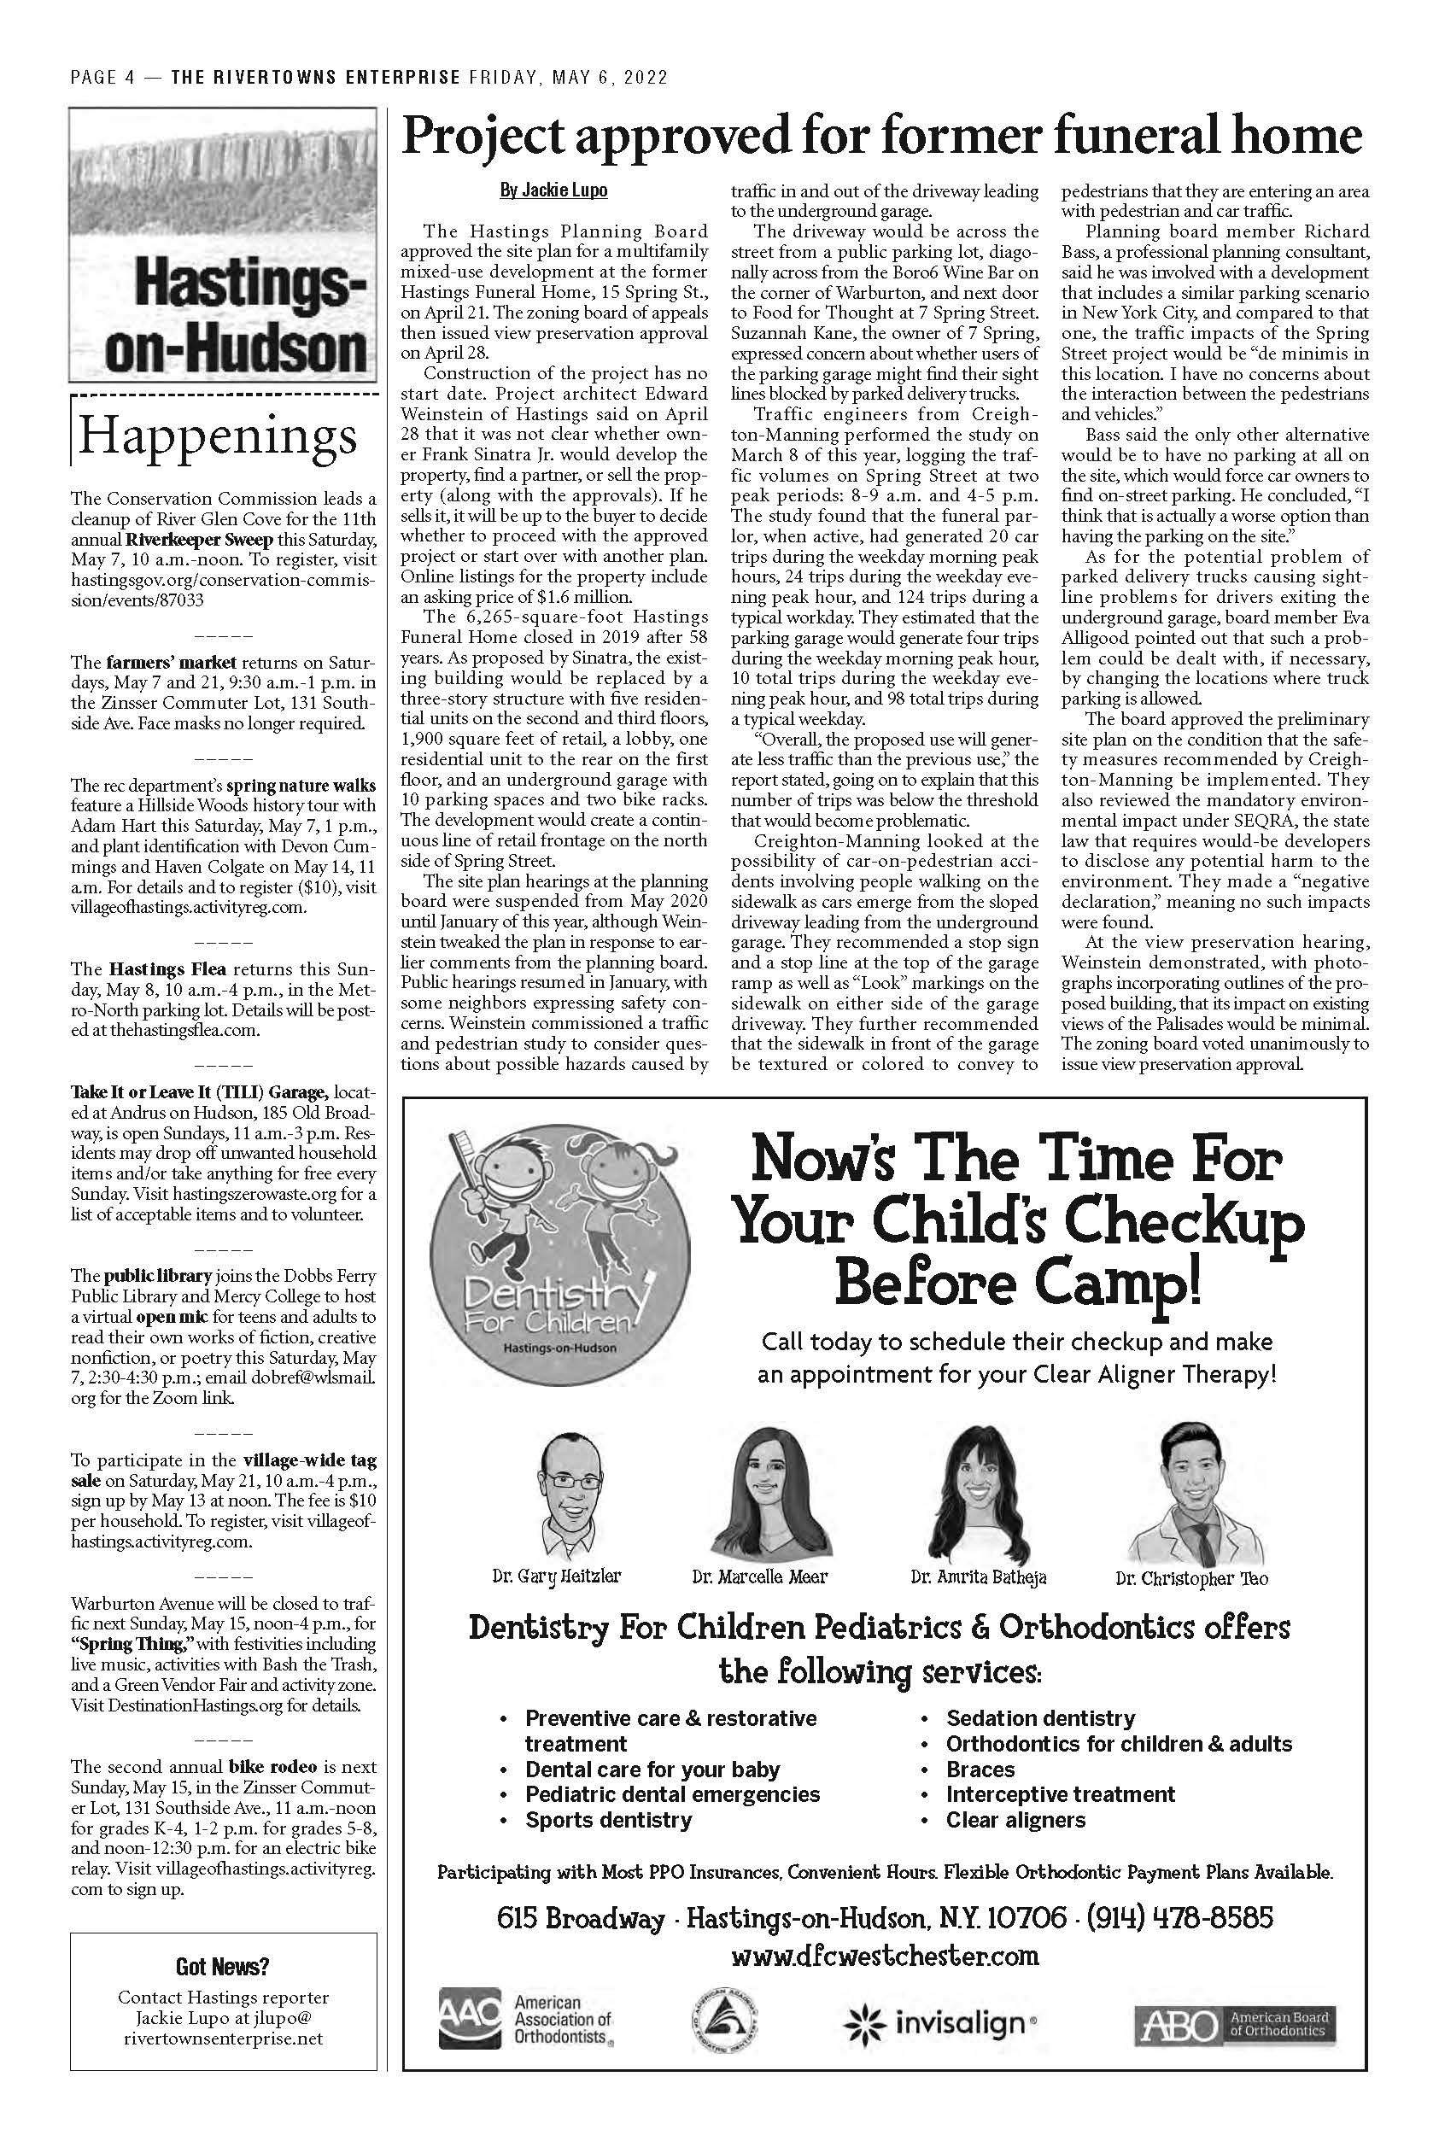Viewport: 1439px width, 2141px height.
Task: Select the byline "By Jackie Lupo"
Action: point(553,191)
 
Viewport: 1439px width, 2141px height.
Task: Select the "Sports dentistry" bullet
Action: point(607,1820)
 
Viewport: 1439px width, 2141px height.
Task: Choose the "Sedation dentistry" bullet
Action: point(1040,1717)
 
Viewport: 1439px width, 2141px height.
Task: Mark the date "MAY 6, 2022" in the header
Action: point(610,78)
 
